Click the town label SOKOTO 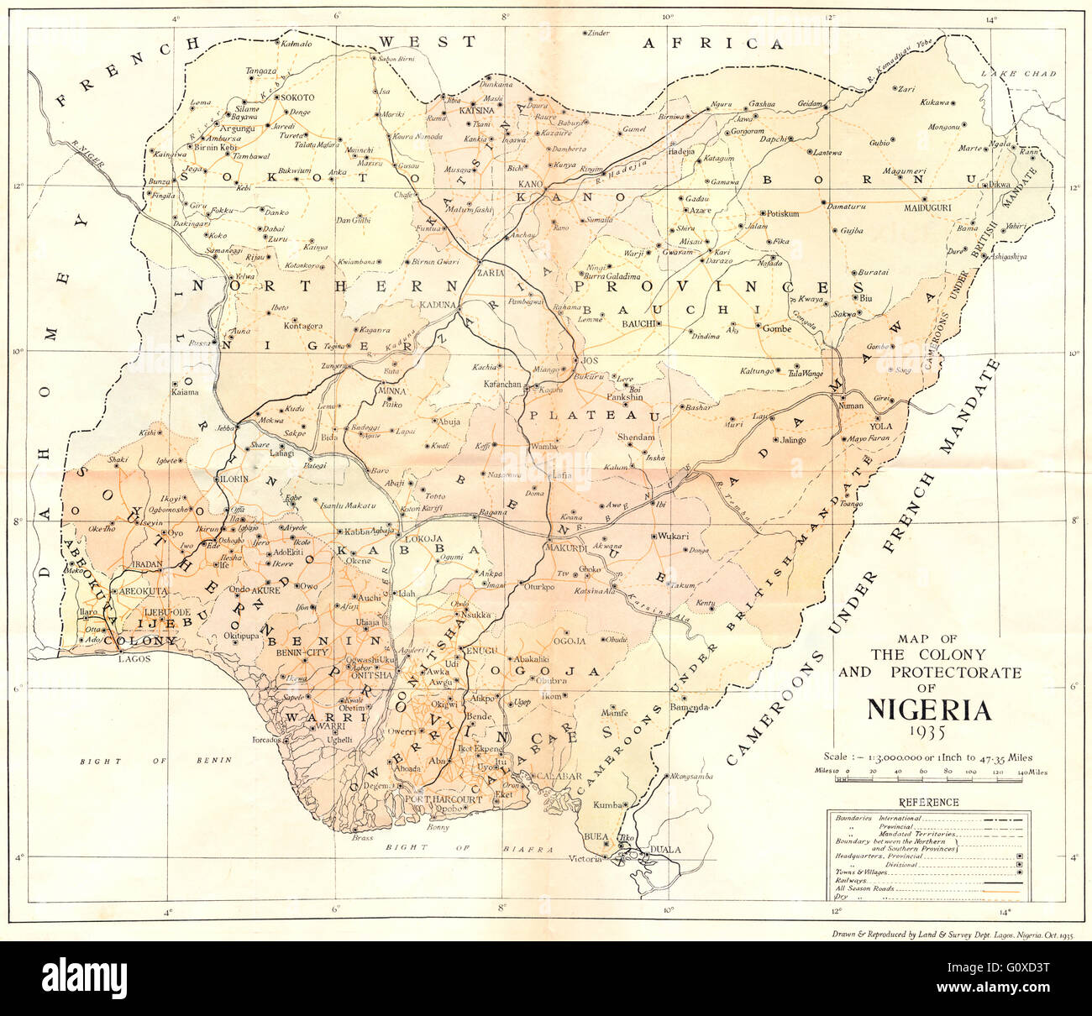(x=297, y=97)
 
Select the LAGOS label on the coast (x=133, y=660)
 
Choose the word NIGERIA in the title (x=928, y=710)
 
